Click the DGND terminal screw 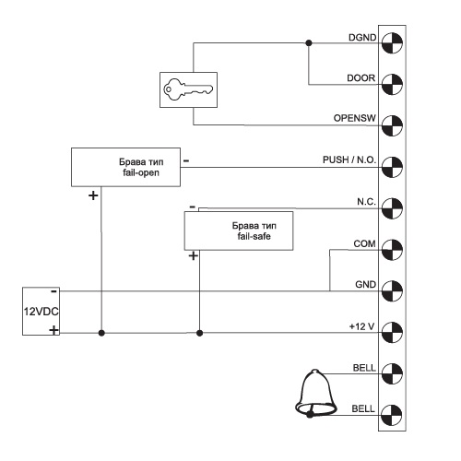[x=392, y=42]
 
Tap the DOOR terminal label [x=361, y=78]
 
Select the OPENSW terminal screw [x=392, y=125]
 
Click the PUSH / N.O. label [x=349, y=160]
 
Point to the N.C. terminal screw [x=392, y=208]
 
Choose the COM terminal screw [x=392, y=250]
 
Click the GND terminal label [x=365, y=285]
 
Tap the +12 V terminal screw [x=392, y=333]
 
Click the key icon [x=188, y=89]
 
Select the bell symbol [x=315, y=394]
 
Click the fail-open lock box [x=125, y=167]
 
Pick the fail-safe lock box [x=239, y=230]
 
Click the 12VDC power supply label [x=41, y=312]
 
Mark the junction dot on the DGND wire [x=309, y=43]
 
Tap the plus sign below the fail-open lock [x=93, y=195]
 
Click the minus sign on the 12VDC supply [x=53, y=291]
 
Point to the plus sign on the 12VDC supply [x=53, y=331]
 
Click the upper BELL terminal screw [x=392, y=373]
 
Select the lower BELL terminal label [x=363, y=409]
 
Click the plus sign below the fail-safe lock [x=193, y=256]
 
